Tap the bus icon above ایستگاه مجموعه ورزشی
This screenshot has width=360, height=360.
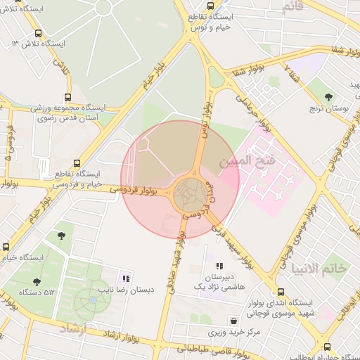(x=67, y=98)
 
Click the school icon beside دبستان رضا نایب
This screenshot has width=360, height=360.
(x=127, y=278)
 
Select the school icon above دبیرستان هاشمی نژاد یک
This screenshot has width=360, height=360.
(x=219, y=266)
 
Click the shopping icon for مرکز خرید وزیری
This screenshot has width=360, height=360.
(x=233, y=321)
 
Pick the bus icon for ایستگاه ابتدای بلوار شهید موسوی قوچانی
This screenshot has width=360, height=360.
(x=281, y=292)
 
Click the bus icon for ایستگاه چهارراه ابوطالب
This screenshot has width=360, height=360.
(x=327, y=347)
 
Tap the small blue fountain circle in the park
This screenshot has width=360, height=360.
(x=92, y=301)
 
